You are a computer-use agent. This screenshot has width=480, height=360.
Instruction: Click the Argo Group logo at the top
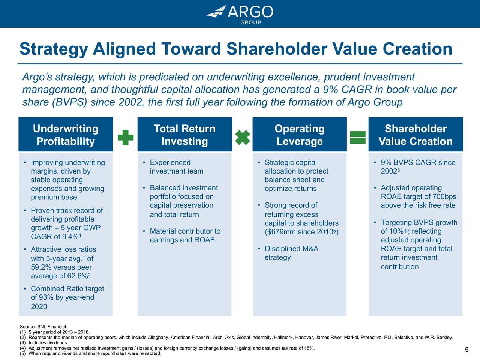coord(240,14)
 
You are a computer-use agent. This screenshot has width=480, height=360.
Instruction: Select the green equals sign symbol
coord(357,137)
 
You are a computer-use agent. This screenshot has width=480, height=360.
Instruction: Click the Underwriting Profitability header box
coord(66,135)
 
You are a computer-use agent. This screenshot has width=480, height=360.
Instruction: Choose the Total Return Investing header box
coord(184,135)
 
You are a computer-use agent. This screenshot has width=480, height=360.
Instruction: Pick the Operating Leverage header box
coord(299,135)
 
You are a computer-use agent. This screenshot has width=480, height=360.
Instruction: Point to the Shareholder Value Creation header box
coord(415,135)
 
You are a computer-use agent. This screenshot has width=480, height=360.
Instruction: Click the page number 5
coord(466,350)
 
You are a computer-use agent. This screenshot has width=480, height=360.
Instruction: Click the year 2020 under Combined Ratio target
coord(39,306)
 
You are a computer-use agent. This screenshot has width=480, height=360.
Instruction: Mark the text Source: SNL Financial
coord(43,327)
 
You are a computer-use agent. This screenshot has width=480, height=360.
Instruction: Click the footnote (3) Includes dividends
coord(44,342)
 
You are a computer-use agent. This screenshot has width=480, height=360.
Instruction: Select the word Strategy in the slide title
coord(54,49)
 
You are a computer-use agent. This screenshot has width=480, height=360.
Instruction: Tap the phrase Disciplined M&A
coord(291,249)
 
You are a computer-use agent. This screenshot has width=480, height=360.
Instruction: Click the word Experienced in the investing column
coord(170,163)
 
